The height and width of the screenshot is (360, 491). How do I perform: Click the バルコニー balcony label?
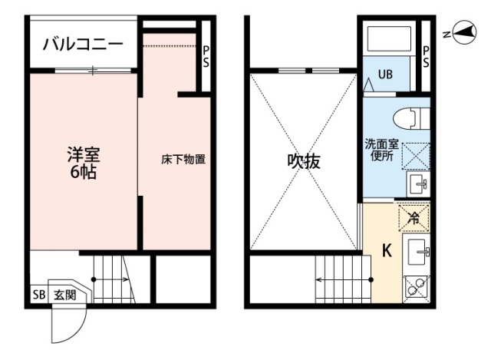point(82,43)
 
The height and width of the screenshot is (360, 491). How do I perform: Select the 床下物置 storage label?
point(183,160)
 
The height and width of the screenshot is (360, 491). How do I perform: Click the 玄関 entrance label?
point(64,295)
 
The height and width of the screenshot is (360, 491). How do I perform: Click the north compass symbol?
point(463,32)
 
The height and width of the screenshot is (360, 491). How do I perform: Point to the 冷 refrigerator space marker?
point(413,218)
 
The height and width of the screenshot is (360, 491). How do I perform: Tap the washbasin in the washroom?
point(418,184)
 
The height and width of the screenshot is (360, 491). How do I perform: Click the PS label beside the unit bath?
point(425,58)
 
